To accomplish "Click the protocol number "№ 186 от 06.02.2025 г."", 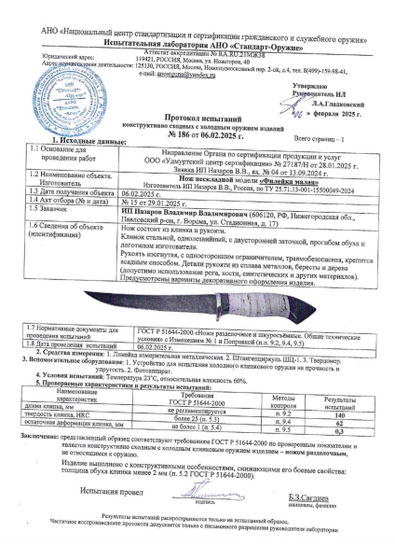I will point(197,134).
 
